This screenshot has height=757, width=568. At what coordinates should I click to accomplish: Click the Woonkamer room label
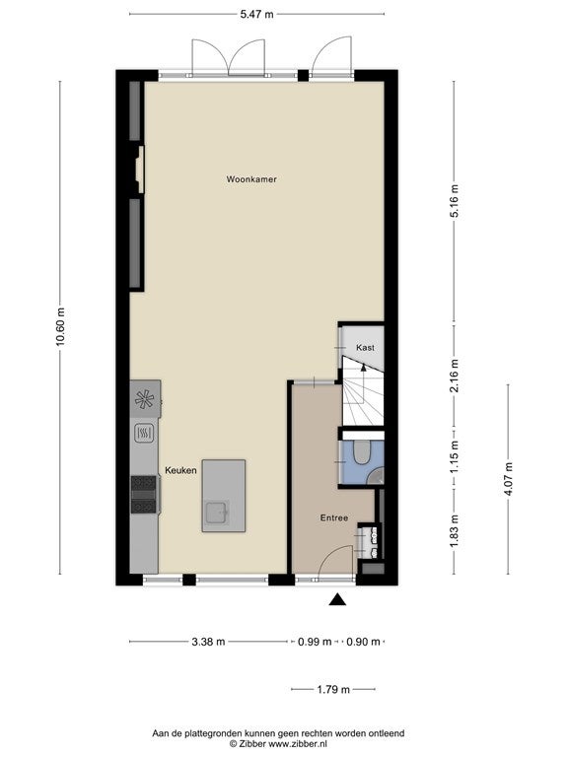point(251,179)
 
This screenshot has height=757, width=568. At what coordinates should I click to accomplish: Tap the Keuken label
point(180,470)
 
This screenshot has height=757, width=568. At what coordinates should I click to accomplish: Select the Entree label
point(334,518)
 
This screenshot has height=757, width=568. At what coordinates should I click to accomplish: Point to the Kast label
point(365,348)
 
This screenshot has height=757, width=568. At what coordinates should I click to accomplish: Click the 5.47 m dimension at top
point(257,15)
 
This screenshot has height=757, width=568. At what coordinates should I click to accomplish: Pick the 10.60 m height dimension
point(60,327)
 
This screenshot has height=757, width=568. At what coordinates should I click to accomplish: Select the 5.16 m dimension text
point(454,201)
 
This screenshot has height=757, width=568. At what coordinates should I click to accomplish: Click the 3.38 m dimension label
point(209,642)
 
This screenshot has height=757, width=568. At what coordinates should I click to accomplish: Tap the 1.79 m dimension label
point(333,689)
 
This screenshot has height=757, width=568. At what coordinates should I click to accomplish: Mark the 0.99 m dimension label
point(315,642)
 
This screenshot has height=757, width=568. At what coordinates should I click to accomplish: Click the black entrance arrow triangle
point(337,599)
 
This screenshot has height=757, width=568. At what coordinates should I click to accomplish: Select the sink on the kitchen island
point(217,513)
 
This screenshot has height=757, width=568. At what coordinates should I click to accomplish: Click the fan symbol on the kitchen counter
point(144,399)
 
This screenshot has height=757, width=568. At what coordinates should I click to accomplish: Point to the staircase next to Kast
point(363,391)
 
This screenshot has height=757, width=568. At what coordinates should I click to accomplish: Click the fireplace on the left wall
point(139,170)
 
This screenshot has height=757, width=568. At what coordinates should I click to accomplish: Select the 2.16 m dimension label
point(454,376)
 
